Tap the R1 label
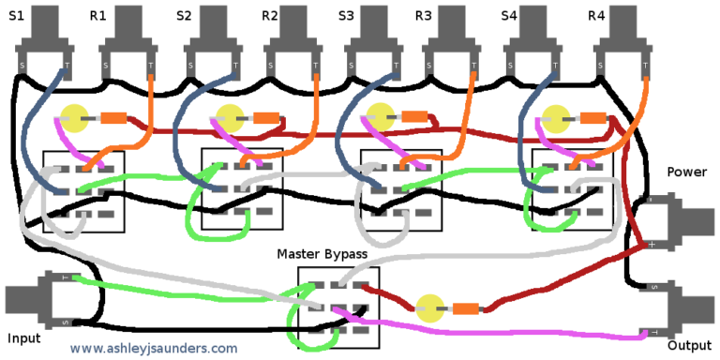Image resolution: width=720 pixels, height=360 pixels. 98,16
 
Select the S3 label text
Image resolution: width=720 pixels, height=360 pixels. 347,16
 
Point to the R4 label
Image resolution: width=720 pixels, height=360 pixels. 596,16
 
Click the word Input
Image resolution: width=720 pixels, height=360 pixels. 23,337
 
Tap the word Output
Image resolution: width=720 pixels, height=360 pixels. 689,345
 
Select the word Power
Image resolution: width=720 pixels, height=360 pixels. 686,172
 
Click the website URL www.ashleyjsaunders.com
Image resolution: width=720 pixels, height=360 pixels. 154,348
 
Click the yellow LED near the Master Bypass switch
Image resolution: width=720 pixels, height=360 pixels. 429,307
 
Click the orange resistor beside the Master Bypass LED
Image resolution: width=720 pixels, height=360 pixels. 465,308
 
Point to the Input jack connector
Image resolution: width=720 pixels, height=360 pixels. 33,300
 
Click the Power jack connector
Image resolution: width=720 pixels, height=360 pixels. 682,220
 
